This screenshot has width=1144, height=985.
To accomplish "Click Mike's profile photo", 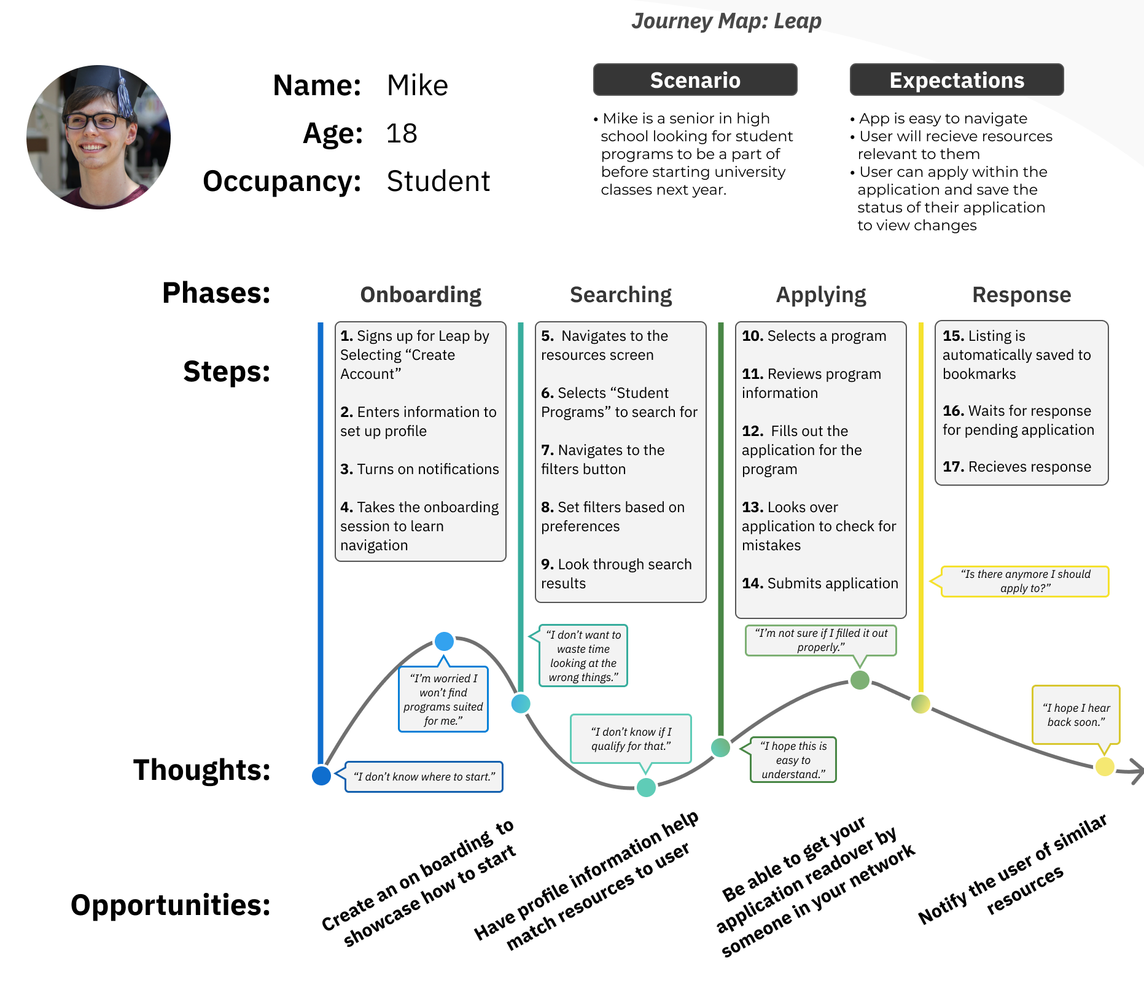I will pyautogui.click(x=98, y=137).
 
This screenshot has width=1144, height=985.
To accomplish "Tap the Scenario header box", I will pyautogui.click(x=695, y=80).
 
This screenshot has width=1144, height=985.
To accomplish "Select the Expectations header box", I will pyautogui.click(x=956, y=80).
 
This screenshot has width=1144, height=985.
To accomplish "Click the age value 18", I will pyautogui.click(x=402, y=133).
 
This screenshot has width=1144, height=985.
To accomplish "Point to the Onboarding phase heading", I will pyautogui.click(x=421, y=295).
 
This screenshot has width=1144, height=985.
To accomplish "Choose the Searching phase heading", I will pyautogui.click(x=621, y=295).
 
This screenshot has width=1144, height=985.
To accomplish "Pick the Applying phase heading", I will pyautogui.click(x=821, y=295).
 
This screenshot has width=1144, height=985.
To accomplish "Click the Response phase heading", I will pyautogui.click(x=1021, y=295).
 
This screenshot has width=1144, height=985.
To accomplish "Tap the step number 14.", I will pyautogui.click(x=752, y=583).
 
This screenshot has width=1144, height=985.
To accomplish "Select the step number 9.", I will pyautogui.click(x=547, y=564).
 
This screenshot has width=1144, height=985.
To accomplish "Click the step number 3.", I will pyautogui.click(x=346, y=469).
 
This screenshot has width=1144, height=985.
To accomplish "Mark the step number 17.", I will pyautogui.click(x=953, y=467).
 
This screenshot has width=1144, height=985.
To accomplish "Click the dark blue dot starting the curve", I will pyautogui.click(x=321, y=776).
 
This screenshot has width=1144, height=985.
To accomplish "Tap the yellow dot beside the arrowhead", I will pyautogui.click(x=1105, y=766).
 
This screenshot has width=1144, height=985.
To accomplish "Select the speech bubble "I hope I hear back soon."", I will pyautogui.click(x=1076, y=715).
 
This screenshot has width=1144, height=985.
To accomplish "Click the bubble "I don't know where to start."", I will pyautogui.click(x=424, y=777).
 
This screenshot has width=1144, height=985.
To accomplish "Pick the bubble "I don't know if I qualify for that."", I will pyautogui.click(x=631, y=739).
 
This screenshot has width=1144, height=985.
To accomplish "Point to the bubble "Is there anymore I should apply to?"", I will pyautogui.click(x=1025, y=581).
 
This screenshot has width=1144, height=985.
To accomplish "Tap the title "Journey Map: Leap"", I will pyautogui.click(x=726, y=21).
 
